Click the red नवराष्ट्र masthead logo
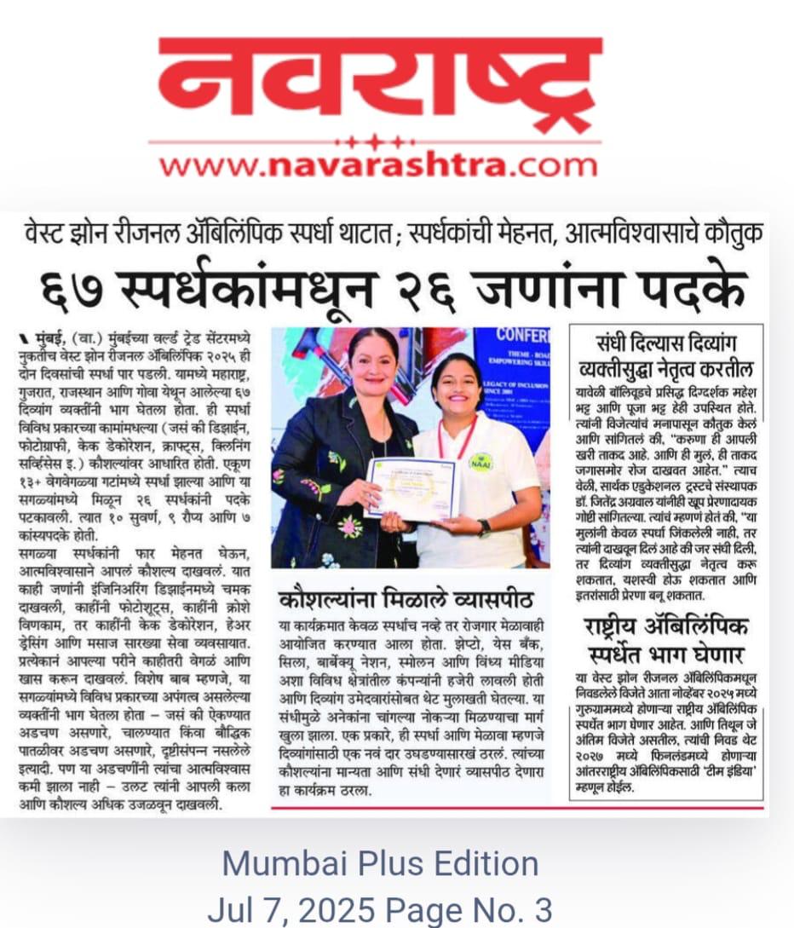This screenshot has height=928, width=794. pos(379,85)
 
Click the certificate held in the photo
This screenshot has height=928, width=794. pos(412,488)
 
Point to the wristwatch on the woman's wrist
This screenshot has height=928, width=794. pos(484,527)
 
